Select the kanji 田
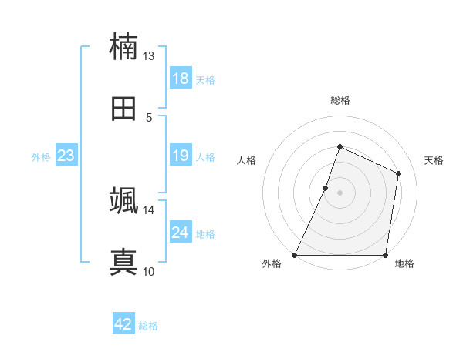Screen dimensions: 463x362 click(123, 108)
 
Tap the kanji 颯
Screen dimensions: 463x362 click(123, 201)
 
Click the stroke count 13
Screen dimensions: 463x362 click(149, 56)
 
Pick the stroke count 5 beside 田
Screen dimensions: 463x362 click(149, 118)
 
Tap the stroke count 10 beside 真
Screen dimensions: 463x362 click(149, 272)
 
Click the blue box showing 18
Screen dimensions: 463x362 click(181, 79)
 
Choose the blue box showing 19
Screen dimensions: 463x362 click(181, 156)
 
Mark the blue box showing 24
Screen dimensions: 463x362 click(181, 233)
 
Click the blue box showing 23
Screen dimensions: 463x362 click(66, 156)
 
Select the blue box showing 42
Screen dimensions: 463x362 click(123, 325)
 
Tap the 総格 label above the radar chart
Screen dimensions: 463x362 click(340, 100)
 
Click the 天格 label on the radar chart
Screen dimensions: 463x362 click(434, 160)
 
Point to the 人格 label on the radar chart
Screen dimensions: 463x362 click(246, 160)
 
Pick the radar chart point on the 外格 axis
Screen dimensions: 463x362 click(295, 255)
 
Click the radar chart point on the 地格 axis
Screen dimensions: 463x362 click(385, 255)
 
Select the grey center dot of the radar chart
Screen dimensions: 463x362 click(340, 193)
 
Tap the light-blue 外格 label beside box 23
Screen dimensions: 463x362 click(41, 157)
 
